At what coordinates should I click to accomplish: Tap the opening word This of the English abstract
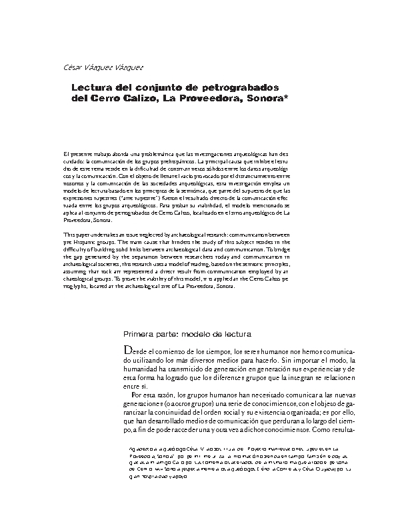69,234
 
